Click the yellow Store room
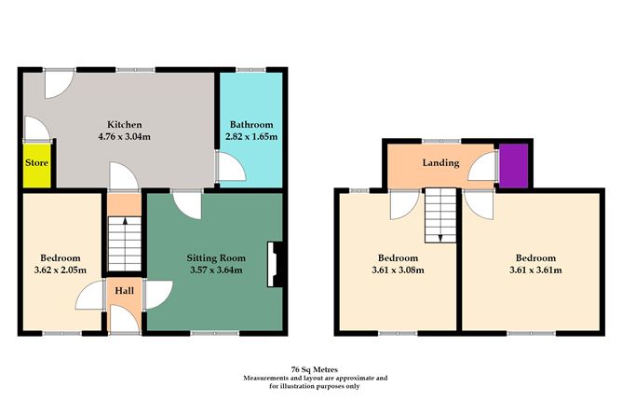pos(36,164)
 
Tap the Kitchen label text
pos(125,125)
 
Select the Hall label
pos(123,291)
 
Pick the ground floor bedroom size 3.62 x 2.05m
pos(61,270)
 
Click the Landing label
pos(440,163)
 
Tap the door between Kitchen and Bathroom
pos(226,166)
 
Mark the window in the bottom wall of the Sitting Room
pos(215,333)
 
